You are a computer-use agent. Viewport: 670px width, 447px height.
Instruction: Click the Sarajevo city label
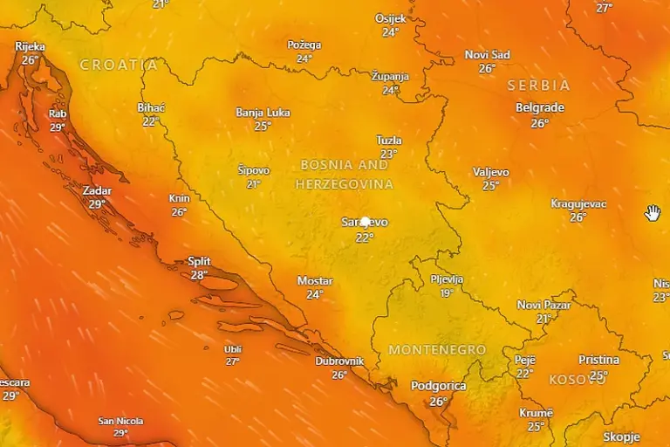[x=365, y=223]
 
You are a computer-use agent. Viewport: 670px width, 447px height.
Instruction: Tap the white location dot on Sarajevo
[x=366, y=223]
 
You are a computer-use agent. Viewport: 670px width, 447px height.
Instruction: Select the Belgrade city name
[x=540, y=108]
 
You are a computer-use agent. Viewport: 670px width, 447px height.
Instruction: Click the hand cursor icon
[x=653, y=213]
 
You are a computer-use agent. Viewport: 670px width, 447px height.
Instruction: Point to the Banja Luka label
[x=263, y=113]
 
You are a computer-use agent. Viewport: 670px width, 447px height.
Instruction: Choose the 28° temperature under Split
[x=199, y=275]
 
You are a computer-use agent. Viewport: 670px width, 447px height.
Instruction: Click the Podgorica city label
[x=438, y=386]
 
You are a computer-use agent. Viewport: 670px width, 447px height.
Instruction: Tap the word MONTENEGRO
[x=437, y=350]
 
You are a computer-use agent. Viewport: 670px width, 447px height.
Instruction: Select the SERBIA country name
[x=538, y=86]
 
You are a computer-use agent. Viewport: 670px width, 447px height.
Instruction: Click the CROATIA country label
[x=119, y=65]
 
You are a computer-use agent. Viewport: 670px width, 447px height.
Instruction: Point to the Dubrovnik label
[x=339, y=361]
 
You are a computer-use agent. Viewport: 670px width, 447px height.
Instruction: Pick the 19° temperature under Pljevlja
[x=447, y=293]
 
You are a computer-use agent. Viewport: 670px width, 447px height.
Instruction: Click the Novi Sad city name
[x=487, y=55]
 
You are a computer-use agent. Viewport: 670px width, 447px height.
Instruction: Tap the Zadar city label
[x=97, y=190]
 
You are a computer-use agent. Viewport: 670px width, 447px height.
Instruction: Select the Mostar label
[x=315, y=281]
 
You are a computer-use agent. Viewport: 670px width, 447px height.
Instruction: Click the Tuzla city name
[x=389, y=141]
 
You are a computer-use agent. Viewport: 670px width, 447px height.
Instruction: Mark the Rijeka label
[x=31, y=47]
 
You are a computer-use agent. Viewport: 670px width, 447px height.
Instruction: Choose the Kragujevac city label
[x=578, y=204]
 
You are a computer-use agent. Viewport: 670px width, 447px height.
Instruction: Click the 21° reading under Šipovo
[x=254, y=184]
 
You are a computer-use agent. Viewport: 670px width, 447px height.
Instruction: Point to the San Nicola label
[x=120, y=421]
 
